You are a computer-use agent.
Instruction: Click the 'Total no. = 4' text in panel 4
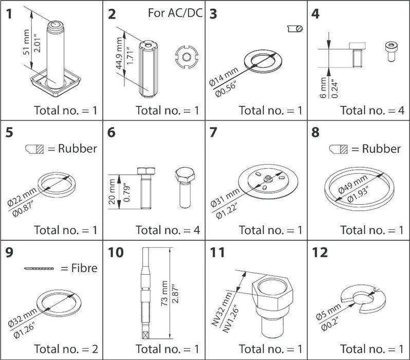pos(372,110)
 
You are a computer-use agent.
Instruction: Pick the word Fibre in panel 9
pos(84,268)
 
